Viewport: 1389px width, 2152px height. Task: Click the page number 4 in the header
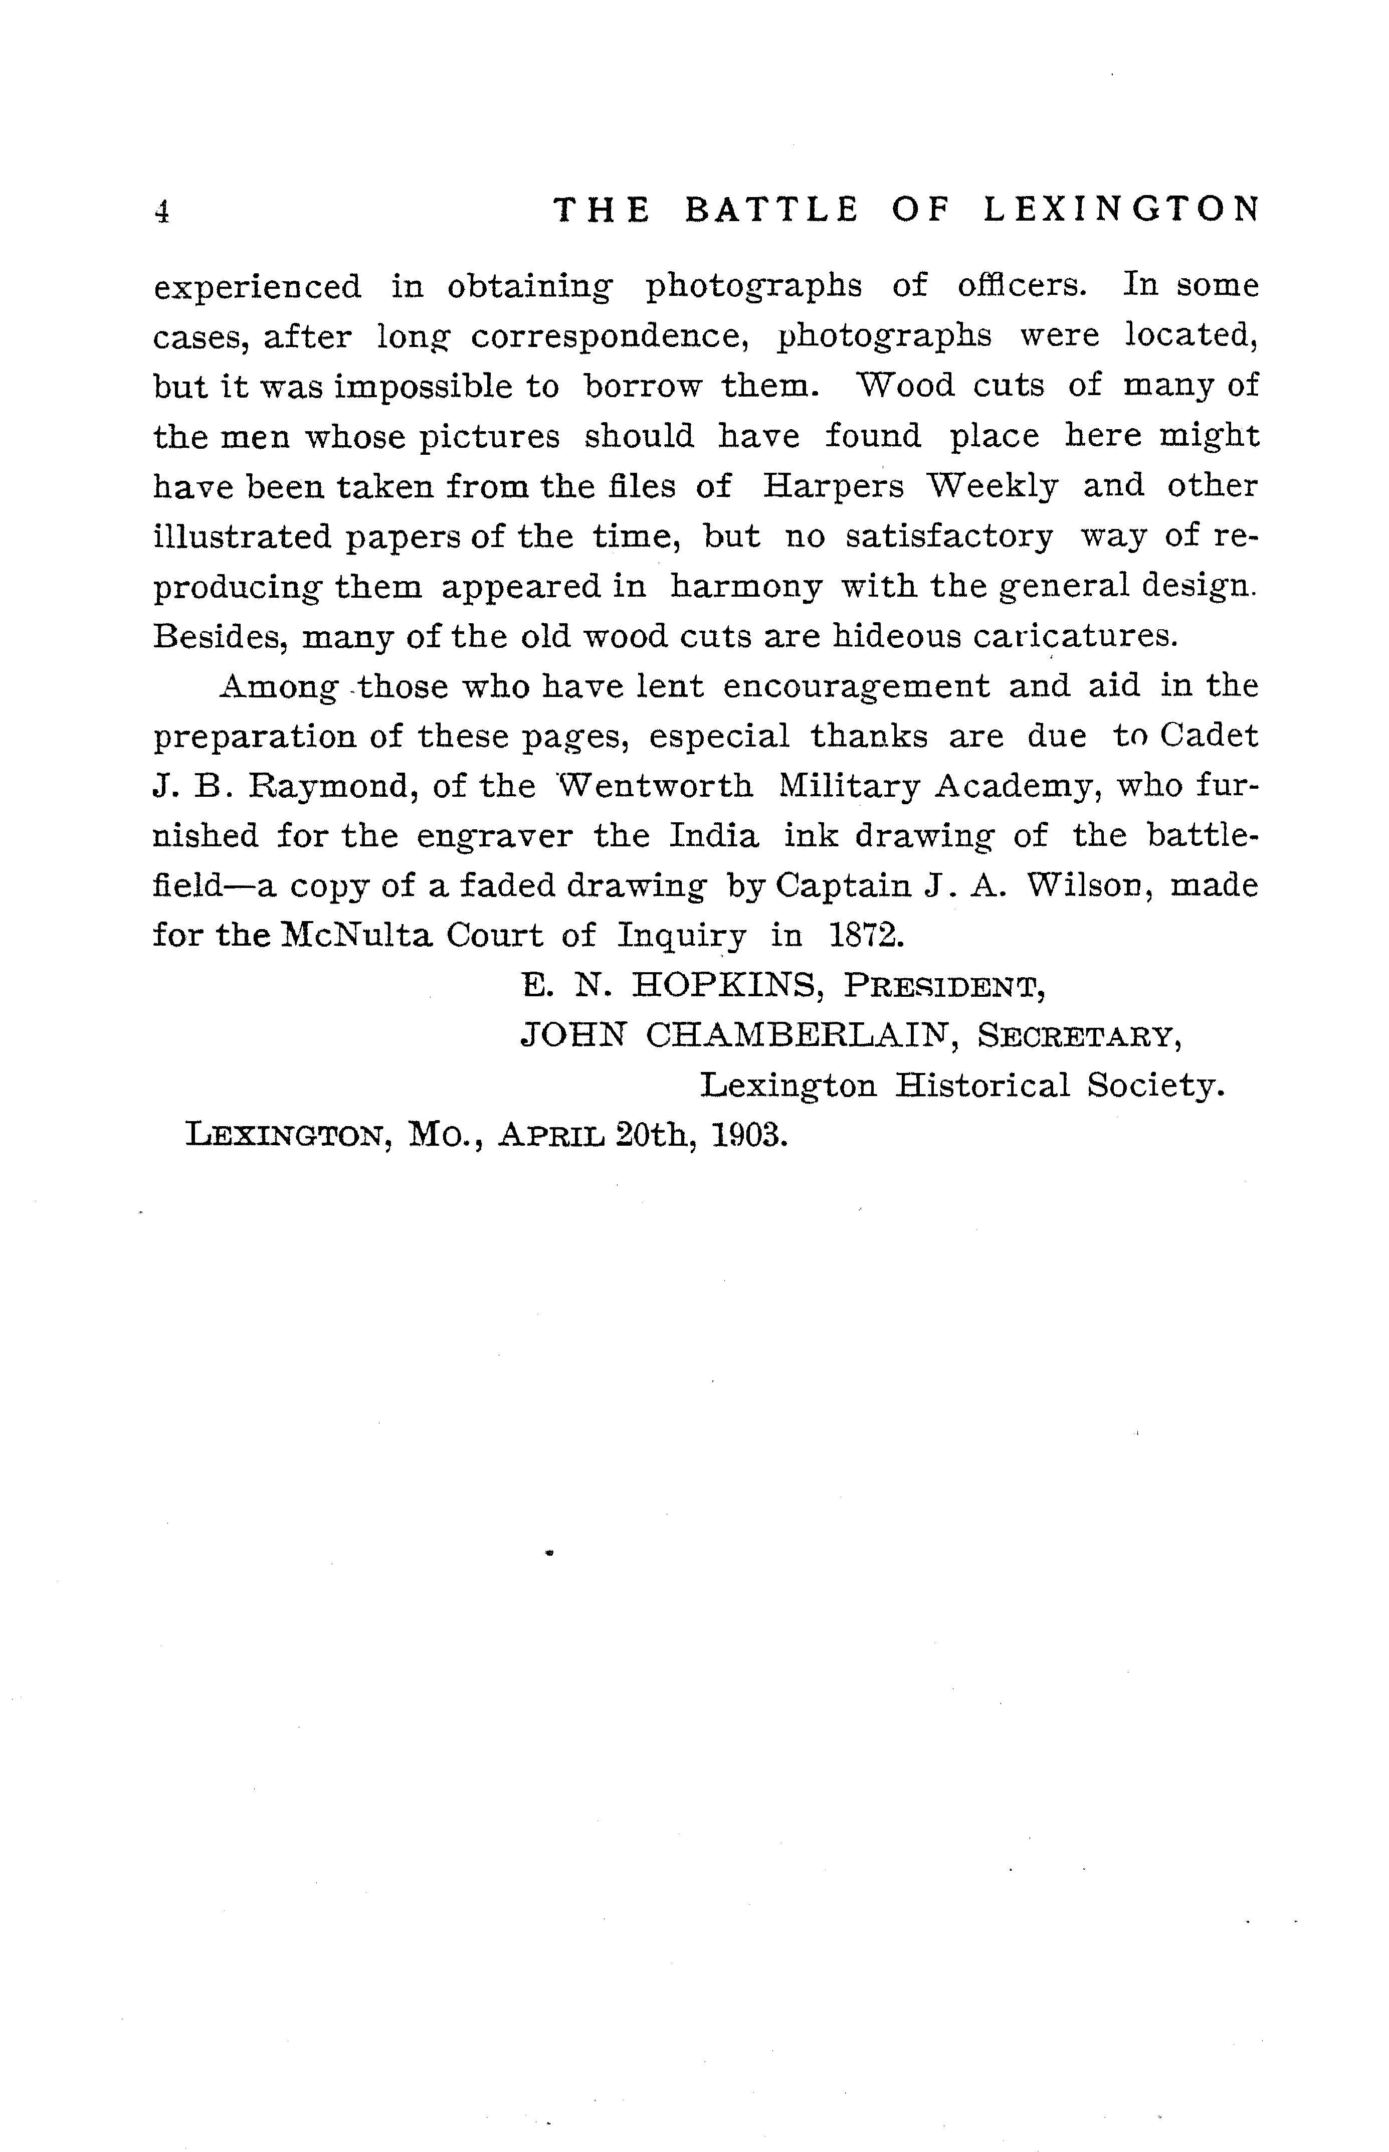(162, 211)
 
